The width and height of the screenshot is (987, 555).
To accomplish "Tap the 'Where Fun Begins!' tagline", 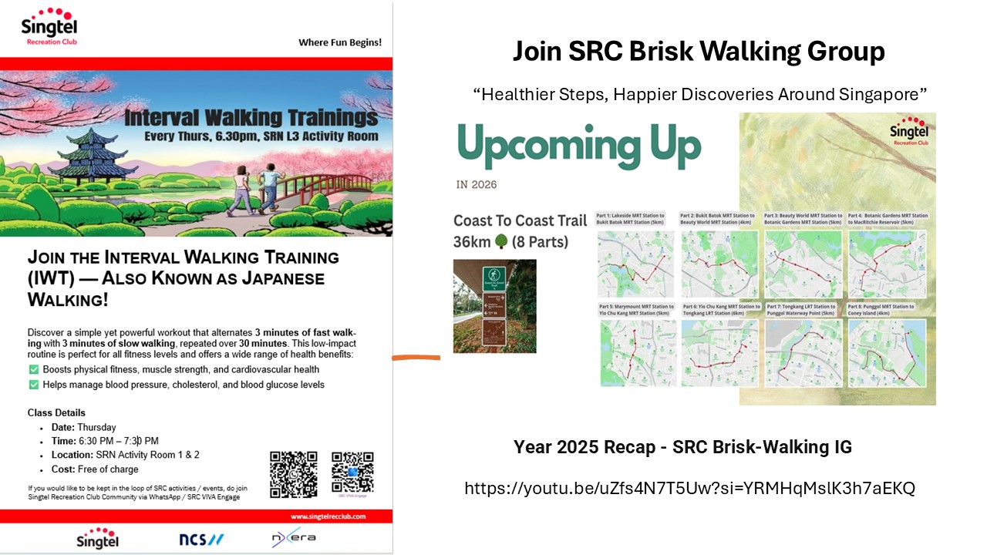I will tap(339, 42).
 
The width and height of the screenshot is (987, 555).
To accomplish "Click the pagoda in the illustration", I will tap(82, 154).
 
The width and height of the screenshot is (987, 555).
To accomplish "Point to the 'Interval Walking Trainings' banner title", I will tap(251, 118).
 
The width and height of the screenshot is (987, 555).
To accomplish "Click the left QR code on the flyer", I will tap(293, 474).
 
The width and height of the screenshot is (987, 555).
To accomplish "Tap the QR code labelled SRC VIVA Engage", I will tap(352, 472).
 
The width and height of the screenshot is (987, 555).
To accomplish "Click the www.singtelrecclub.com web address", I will tap(328, 516).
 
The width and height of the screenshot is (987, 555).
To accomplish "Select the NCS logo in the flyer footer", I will tap(201, 539).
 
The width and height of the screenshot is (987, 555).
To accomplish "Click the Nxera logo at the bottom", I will tap(293, 538).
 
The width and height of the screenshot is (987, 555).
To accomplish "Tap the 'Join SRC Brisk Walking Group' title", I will tap(699, 52).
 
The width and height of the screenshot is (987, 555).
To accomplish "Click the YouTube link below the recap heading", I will tap(689, 488).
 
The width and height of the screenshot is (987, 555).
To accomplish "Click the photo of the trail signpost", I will tap(494, 306).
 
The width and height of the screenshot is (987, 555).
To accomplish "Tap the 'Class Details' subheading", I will tap(56, 412).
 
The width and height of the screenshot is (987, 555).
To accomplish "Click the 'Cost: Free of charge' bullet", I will tap(95, 469).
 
